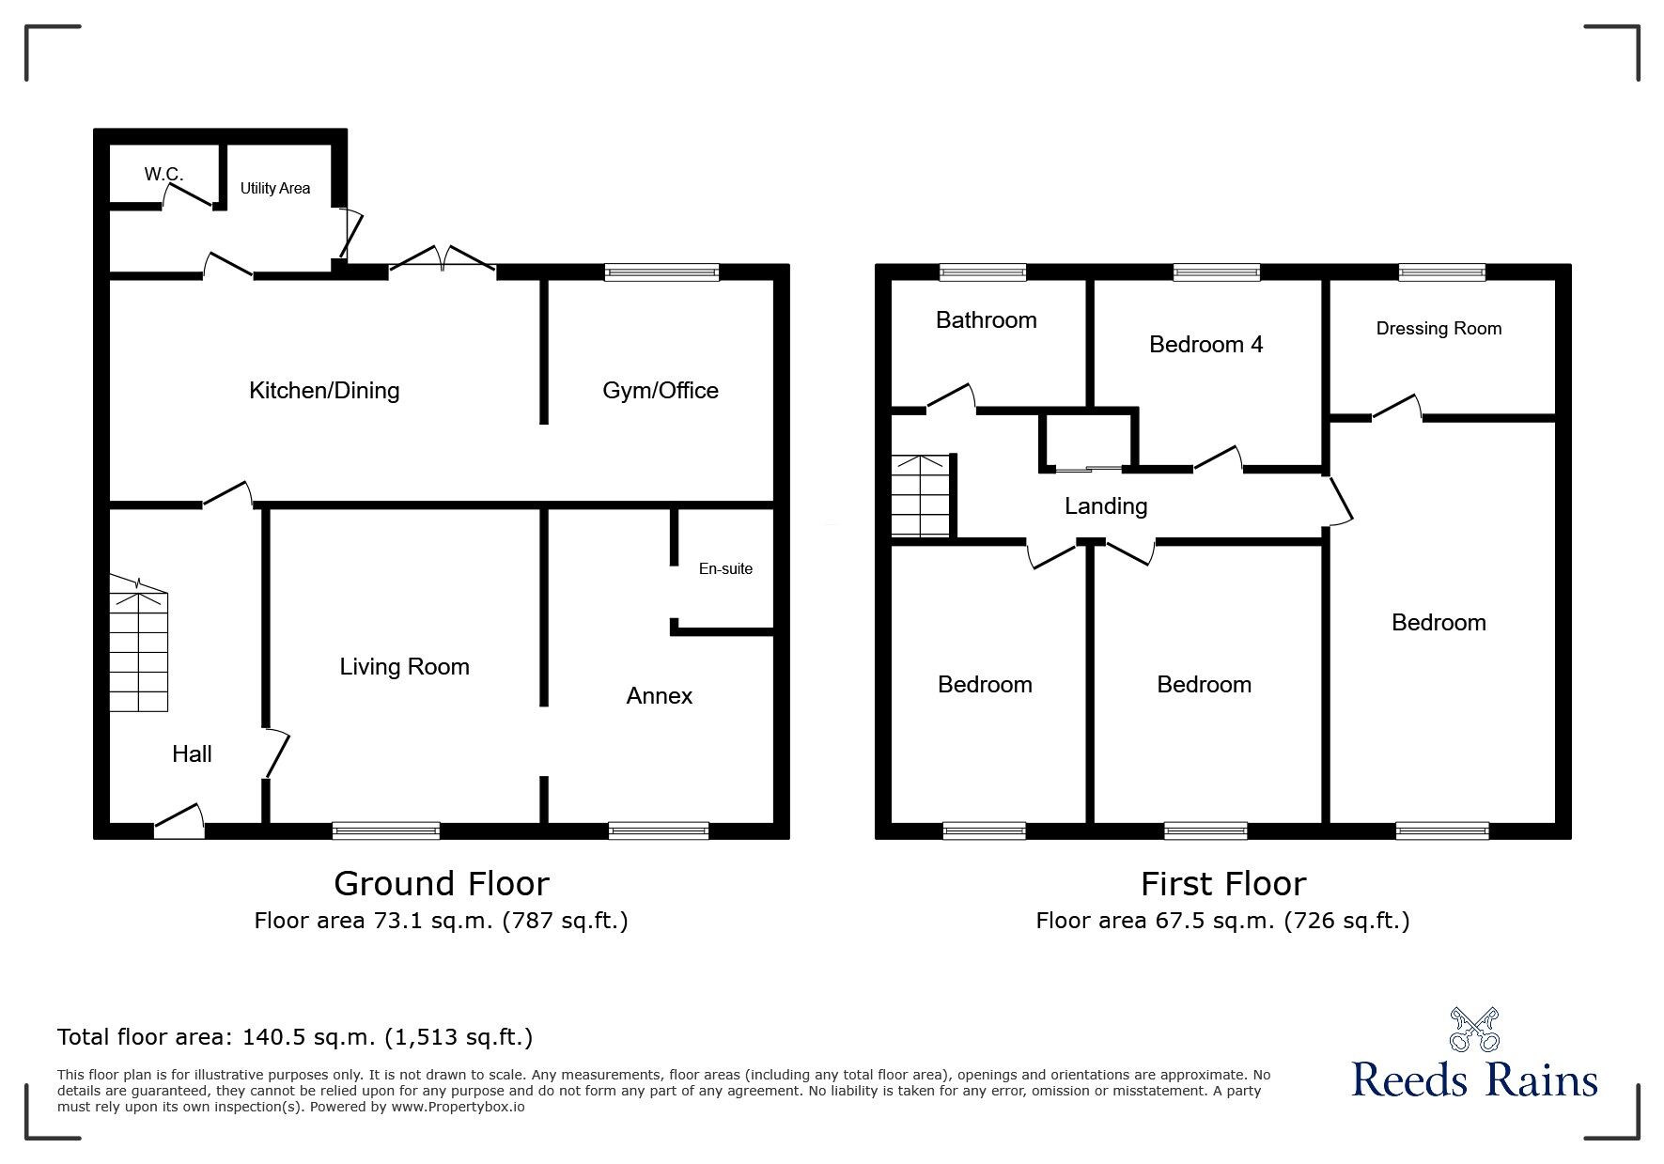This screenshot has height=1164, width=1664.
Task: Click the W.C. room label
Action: [x=163, y=174]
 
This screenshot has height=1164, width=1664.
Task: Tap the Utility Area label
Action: [x=274, y=188]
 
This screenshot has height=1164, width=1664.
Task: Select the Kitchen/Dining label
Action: [x=324, y=391]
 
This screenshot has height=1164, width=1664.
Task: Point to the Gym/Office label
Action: [x=660, y=391]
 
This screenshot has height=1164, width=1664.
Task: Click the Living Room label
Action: [x=404, y=667]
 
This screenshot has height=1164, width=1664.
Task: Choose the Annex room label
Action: [x=659, y=696]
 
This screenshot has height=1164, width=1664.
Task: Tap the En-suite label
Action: [x=725, y=568]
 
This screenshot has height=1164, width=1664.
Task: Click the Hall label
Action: [x=192, y=753]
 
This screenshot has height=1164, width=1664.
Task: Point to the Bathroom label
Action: [x=986, y=320]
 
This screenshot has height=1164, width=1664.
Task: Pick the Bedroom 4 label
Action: [x=1205, y=345]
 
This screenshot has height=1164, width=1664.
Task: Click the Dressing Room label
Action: [x=1438, y=329]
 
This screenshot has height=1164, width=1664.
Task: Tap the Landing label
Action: [x=1105, y=506]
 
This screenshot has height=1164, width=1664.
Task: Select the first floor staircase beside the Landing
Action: [x=921, y=496]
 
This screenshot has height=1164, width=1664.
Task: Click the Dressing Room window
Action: [x=1441, y=272]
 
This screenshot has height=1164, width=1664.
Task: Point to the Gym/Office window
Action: [x=661, y=272]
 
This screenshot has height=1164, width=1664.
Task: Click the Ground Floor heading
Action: [x=441, y=884]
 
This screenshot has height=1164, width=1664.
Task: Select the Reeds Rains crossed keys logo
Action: [x=1474, y=1029]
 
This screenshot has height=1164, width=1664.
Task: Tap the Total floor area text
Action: [x=295, y=1037]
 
